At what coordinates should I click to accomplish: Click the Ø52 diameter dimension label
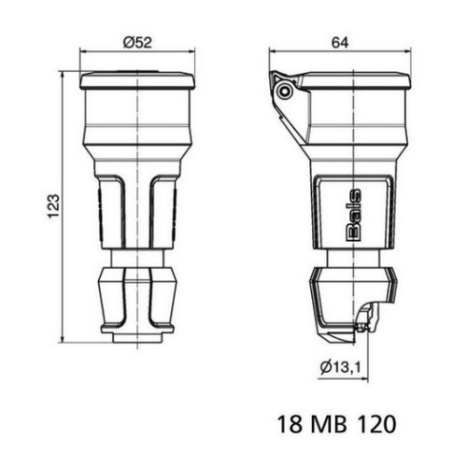coord(137,41)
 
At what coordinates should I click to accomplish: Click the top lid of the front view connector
coord(137,80)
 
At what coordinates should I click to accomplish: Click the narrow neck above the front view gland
coord(137,258)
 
